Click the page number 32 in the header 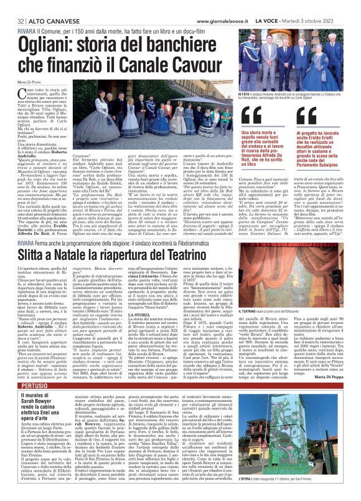click(12, 5)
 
